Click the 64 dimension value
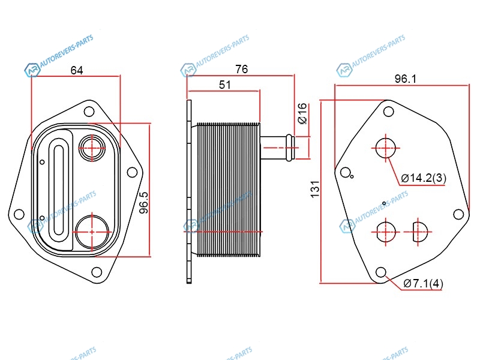(x=77, y=70)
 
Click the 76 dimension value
(x=242, y=69)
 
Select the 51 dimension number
(x=224, y=85)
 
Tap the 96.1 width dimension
(x=406, y=79)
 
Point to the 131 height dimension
(x=315, y=189)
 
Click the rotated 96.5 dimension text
(x=143, y=202)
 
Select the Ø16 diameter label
(x=302, y=113)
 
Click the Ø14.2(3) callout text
(x=424, y=178)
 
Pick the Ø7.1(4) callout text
(x=424, y=283)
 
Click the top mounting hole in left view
(x=89, y=112)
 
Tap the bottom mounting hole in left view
(x=97, y=272)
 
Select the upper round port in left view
(x=92, y=148)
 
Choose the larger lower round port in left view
(x=92, y=232)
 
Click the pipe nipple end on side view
(x=290, y=148)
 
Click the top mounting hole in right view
(x=388, y=112)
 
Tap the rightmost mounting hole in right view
(x=458, y=214)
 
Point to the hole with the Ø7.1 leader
(x=381, y=272)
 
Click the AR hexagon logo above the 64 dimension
(x=32, y=70)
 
